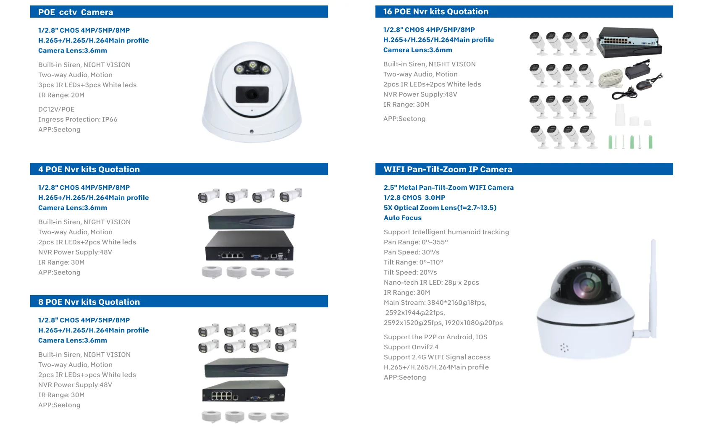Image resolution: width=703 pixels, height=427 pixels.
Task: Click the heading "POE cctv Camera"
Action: coord(76,12)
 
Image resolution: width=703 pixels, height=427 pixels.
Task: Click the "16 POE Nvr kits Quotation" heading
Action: coord(435,12)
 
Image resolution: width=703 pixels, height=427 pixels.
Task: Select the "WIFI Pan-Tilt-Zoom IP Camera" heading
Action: coord(448,169)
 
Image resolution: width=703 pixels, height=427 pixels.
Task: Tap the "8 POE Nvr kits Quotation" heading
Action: coord(89,302)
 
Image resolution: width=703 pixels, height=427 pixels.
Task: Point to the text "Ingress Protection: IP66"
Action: coord(78,119)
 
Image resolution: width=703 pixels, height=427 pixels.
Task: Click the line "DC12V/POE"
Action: coord(56,109)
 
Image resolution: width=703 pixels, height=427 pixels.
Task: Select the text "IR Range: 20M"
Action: coord(61,95)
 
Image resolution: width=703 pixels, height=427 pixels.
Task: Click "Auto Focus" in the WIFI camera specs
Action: coord(402,217)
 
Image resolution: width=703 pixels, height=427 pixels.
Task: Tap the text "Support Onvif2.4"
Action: coord(411,347)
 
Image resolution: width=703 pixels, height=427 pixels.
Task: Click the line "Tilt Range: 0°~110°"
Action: coord(413,262)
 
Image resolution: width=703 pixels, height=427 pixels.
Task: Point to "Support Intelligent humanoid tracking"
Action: coord(446,232)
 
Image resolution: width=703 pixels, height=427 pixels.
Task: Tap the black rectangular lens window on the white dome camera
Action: coord(252,94)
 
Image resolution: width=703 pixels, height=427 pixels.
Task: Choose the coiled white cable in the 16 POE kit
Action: coord(610,78)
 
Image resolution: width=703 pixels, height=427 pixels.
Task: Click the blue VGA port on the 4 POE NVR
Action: coord(255,256)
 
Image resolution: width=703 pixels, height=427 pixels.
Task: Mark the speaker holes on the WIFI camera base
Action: coord(564,347)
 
